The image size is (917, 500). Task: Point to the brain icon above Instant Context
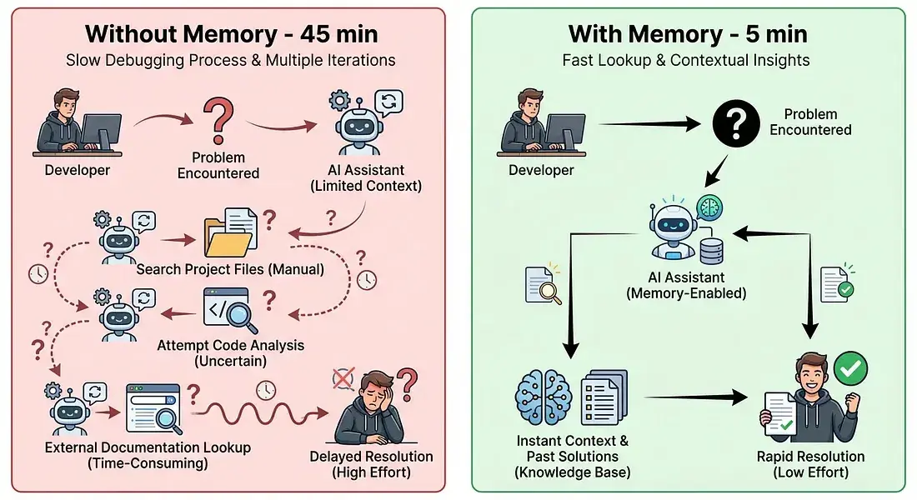click(x=543, y=397)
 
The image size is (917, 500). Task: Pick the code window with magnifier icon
click(x=228, y=310)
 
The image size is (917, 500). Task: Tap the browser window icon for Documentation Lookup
click(x=153, y=409)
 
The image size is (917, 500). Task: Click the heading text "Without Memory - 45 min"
click(x=231, y=34)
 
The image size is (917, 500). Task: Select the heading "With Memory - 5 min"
click(x=689, y=34)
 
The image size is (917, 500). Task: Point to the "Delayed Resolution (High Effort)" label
click(x=371, y=464)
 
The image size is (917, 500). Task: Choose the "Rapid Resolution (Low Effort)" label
click(x=810, y=464)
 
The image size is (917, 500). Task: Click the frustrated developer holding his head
click(x=369, y=409)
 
